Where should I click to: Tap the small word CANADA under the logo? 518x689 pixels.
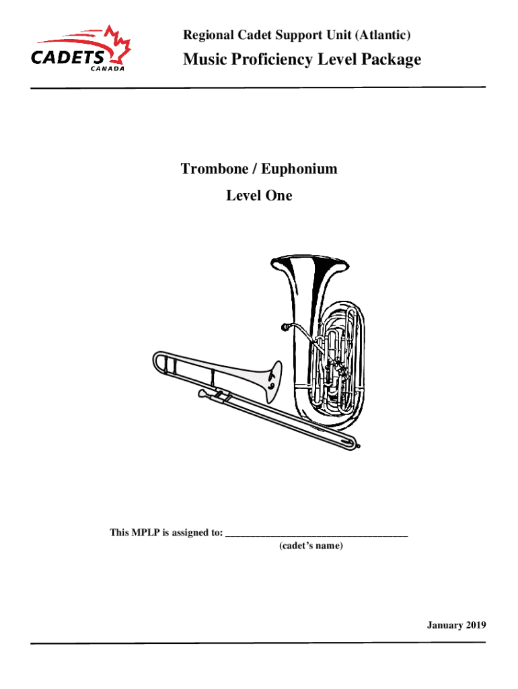click(x=108, y=68)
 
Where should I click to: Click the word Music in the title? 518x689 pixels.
click(x=204, y=60)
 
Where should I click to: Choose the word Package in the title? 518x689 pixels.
click(x=391, y=60)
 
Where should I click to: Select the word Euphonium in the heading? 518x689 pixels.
click(x=299, y=169)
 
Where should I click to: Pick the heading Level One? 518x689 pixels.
click(x=259, y=196)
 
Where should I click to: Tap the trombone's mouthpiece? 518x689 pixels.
click(x=202, y=392)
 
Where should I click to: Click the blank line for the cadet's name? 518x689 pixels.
click(x=317, y=535)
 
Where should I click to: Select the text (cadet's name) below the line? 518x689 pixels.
click(x=311, y=546)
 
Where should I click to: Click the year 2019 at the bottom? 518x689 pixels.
click(x=473, y=626)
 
